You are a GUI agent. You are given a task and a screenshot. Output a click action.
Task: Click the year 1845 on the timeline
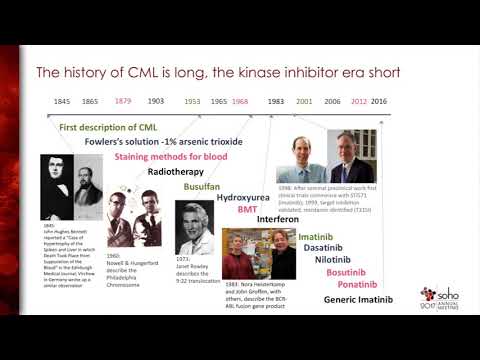click(63, 102)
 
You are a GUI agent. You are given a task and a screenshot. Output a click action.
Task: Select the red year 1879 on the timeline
click(123, 102)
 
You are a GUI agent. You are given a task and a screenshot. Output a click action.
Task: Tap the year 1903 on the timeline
click(156, 102)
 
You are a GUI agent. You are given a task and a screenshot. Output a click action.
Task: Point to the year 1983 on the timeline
click(277, 102)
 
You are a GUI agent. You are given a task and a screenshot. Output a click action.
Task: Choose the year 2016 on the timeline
click(380, 102)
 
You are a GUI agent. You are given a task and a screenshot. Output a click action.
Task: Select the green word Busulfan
click(202, 186)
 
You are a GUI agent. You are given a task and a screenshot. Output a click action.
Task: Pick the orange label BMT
click(247, 210)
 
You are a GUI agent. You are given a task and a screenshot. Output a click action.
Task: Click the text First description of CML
click(109, 128)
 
